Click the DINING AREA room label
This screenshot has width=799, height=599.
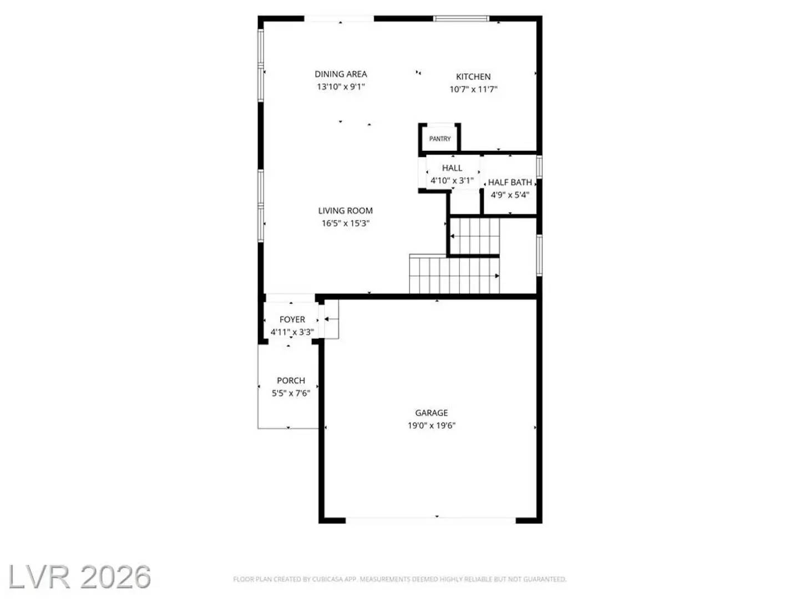click(341, 74)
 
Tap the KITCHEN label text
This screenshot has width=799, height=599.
click(473, 77)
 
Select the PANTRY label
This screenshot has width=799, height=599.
click(440, 139)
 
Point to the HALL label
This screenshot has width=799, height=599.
click(452, 168)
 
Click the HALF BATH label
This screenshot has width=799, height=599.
click(510, 182)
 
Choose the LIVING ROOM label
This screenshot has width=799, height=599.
click(345, 211)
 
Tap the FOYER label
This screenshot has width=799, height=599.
click(292, 319)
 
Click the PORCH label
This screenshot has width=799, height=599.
click(291, 380)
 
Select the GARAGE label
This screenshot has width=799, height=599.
click(431, 413)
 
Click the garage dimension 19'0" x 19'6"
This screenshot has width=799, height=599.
click(431, 425)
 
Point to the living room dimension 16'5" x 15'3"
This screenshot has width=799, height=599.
click(345, 224)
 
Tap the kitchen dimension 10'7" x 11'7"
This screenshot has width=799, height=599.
click(473, 89)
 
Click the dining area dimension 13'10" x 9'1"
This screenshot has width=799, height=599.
click(341, 87)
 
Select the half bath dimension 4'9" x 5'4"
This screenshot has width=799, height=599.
click(510, 195)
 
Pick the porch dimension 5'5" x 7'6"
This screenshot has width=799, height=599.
click(291, 393)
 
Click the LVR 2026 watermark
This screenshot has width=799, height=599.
click(80, 577)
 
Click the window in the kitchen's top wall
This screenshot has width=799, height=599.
click(462, 19)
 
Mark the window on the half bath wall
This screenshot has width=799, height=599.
click(539, 167)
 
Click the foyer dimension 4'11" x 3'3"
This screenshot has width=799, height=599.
click(292, 332)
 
